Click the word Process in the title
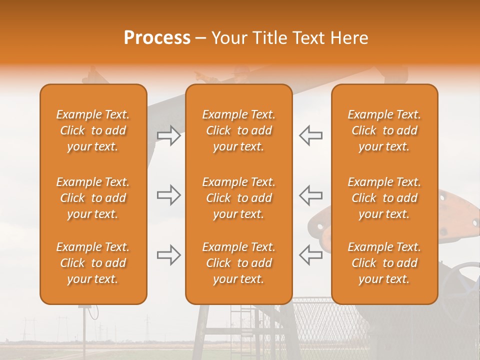tap(157, 38)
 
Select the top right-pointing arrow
tap(168, 135)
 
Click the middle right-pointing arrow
tap(168, 195)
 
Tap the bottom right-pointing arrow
tap(168, 255)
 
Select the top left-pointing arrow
tap(311, 135)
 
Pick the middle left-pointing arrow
tap(311, 195)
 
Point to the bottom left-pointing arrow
tap(311, 255)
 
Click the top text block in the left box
tap(93, 130)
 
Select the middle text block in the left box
tap(93, 198)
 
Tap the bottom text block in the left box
tap(93, 263)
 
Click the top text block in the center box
tap(238, 130)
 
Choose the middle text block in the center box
tap(238, 198)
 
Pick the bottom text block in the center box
tap(238, 263)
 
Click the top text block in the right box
tap(384, 130)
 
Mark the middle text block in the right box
tap(384, 198)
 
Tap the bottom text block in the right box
tap(384, 263)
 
